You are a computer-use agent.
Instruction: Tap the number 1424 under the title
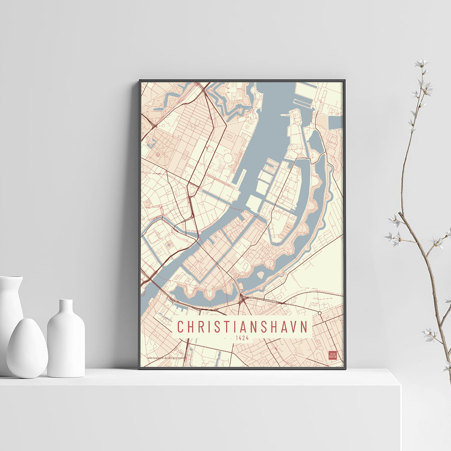[242, 337]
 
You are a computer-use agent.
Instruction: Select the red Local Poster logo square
[333, 355]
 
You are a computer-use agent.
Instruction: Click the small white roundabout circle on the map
[319, 313]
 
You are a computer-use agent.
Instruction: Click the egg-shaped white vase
[27, 348]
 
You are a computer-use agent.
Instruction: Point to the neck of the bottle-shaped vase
[66, 307]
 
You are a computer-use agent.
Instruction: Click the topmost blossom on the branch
[421, 64]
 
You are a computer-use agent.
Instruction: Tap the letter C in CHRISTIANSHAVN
[180, 327]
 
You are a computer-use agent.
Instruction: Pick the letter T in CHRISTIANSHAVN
[230, 327]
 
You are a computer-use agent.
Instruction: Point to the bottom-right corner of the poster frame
[345, 368]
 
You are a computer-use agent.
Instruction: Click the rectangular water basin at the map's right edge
[336, 122]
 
